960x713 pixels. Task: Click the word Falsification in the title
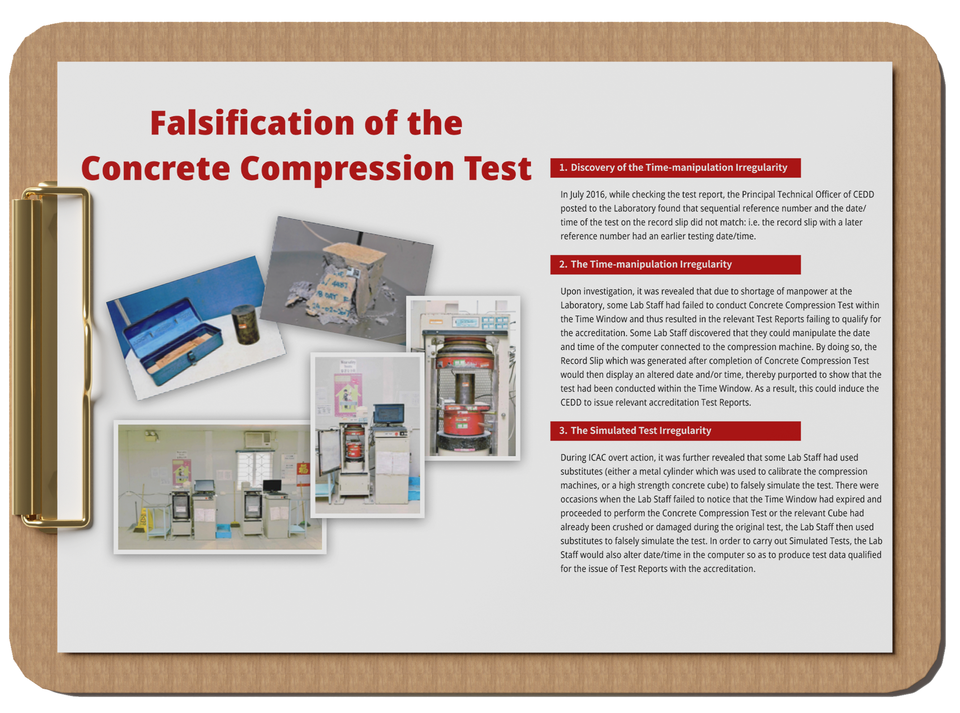point(252,123)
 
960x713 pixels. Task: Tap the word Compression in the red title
point(347,169)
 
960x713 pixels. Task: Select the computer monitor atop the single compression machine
point(389,414)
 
